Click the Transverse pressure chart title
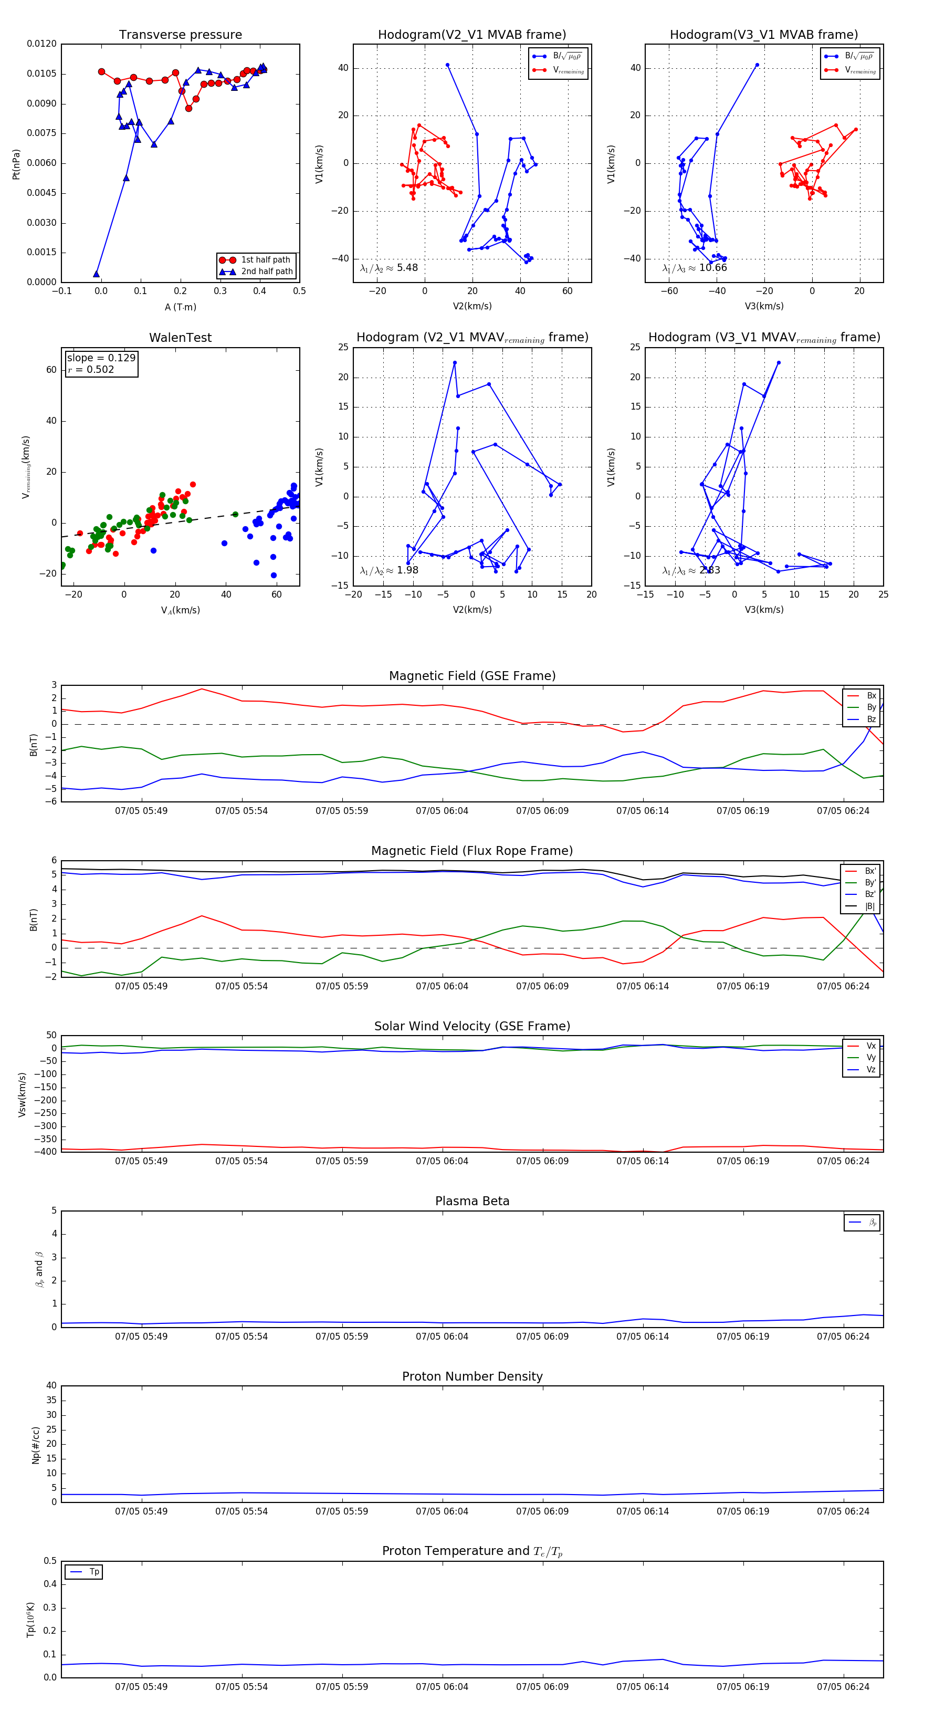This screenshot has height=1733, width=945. pyautogui.click(x=180, y=35)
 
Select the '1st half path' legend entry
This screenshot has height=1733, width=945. pyautogui.click(x=265, y=259)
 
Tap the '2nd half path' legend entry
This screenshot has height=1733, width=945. pyautogui.click(x=266, y=272)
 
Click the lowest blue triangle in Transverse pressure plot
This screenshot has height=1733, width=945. pyautogui.click(x=96, y=274)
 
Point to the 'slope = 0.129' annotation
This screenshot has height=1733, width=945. pyautogui.click(x=101, y=358)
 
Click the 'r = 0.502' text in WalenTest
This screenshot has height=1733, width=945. pyautogui.click(x=91, y=369)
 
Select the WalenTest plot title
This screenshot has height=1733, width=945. pyautogui.click(x=180, y=338)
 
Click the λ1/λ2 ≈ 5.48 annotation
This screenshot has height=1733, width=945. pyautogui.click(x=388, y=268)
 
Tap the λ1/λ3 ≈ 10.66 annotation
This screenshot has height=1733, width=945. pyautogui.click(x=694, y=268)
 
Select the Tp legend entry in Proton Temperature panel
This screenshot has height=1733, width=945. pyautogui.click(x=93, y=1572)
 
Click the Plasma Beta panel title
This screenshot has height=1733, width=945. pyautogui.click(x=472, y=1202)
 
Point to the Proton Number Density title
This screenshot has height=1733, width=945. pyautogui.click(x=472, y=1376)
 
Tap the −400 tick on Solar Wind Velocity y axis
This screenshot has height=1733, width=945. pyautogui.click(x=46, y=1152)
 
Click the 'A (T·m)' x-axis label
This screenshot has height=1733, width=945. pyautogui.click(x=180, y=307)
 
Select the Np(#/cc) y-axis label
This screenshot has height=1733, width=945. pyautogui.click(x=36, y=1445)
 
